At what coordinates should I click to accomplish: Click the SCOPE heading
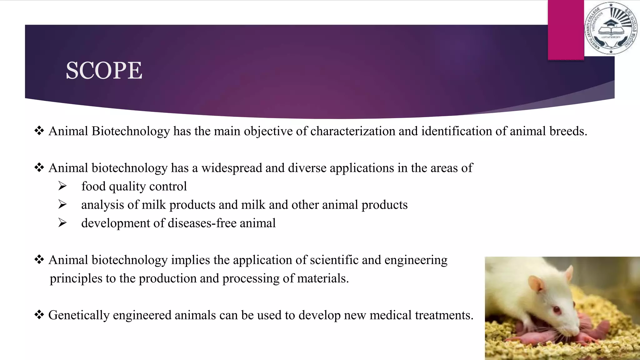tap(104, 70)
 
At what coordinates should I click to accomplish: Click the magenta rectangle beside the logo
tap(566, 30)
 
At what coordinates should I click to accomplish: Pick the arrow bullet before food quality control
tap(62, 186)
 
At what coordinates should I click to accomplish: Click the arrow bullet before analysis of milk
tap(62, 205)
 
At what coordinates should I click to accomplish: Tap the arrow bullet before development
tap(62, 223)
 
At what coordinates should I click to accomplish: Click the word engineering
tap(416, 260)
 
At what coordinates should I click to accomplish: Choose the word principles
tap(76, 278)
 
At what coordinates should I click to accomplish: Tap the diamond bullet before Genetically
tap(39, 315)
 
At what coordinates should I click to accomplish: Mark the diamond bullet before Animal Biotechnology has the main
tap(39, 131)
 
